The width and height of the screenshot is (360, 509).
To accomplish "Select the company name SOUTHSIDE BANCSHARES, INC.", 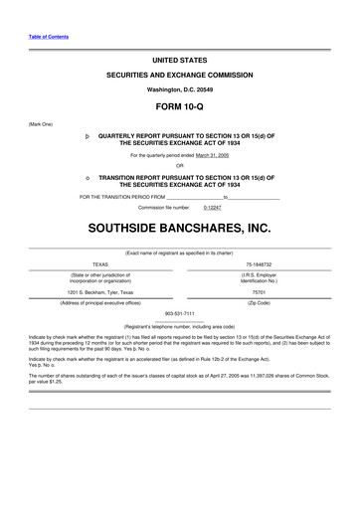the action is pos(180,228).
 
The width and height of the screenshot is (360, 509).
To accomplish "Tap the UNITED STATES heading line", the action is pos(180,61).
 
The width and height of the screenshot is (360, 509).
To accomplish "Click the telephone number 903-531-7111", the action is pos(180,312).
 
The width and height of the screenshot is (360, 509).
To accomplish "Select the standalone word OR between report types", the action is pos(180,166).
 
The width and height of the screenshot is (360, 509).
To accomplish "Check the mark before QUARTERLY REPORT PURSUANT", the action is pos(88,134).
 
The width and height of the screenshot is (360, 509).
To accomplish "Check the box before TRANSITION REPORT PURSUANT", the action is pos(88,176).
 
